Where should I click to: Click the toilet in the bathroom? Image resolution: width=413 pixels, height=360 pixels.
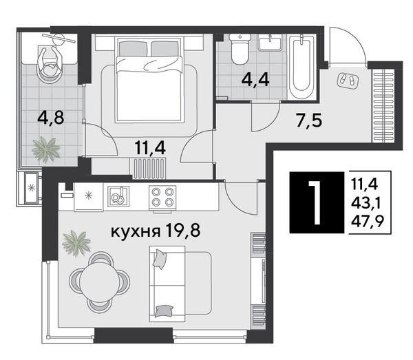click(239, 48)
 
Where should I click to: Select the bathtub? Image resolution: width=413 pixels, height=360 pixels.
click(302, 67)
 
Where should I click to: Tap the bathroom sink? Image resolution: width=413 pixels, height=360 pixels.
click(270, 42)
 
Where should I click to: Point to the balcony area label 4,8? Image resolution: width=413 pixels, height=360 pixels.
click(51, 117)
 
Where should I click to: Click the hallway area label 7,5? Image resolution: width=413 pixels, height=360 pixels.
click(309, 120)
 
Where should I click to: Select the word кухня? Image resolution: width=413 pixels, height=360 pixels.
click(136, 232)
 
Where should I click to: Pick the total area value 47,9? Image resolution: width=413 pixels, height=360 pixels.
click(367, 223)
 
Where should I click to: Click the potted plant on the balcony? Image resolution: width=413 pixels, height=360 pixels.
click(46, 149)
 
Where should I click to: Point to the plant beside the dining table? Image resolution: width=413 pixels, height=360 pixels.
click(76, 243)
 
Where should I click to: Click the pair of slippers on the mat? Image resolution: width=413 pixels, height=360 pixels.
click(348, 80)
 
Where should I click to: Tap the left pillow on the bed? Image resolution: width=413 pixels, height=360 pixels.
click(133, 49)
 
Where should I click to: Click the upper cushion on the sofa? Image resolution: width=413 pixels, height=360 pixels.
click(160, 259)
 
